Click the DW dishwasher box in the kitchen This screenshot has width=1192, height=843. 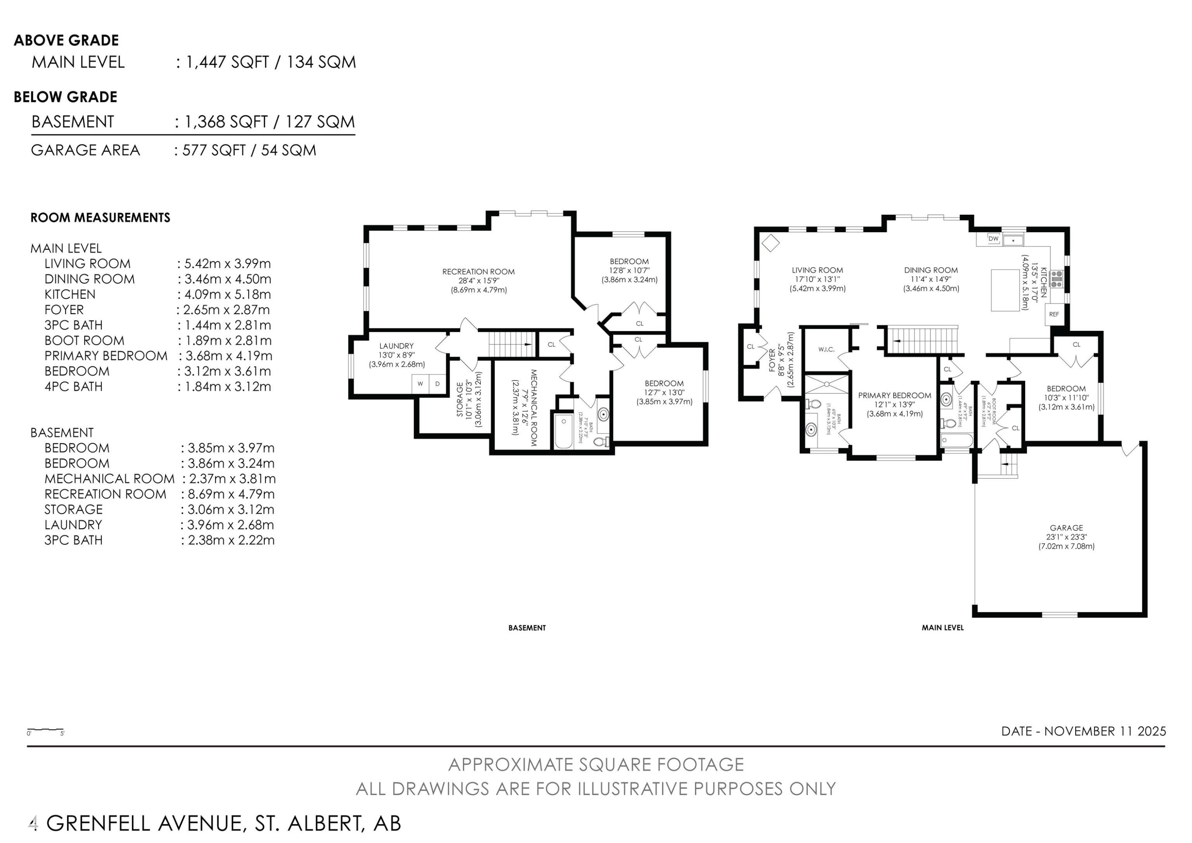[993, 239]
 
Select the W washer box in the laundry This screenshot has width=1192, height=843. [420, 384]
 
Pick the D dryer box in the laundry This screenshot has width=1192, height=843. [437, 384]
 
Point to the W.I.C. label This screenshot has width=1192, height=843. [826, 350]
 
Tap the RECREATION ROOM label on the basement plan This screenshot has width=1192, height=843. [478, 272]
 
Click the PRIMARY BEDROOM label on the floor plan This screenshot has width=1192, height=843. [894, 395]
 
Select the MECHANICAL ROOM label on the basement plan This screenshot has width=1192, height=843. [533, 408]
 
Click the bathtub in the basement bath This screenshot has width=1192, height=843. [563, 431]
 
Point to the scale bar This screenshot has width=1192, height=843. [45, 730]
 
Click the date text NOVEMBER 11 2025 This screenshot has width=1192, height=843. [1105, 731]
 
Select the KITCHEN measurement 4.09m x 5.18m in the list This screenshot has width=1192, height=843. [224, 295]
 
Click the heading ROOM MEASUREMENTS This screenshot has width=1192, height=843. [100, 218]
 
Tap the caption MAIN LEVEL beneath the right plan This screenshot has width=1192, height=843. [942, 628]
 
